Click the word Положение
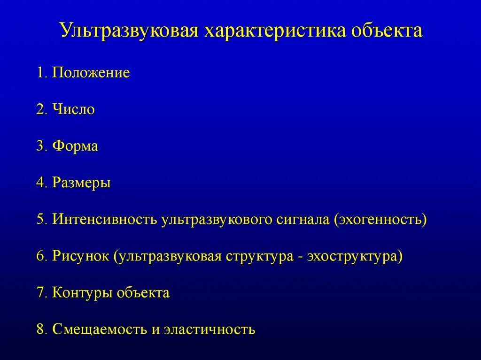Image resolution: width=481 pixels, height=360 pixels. coord(91,73)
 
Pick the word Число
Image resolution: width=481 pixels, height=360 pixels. coord(74,110)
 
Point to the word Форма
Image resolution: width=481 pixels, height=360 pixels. coord(75,146)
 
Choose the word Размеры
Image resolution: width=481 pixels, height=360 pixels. coord(81,183)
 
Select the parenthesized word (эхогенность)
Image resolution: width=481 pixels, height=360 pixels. coord(380,219)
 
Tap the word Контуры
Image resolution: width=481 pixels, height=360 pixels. coord(82,293)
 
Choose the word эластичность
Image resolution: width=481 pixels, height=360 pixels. coord(209,329)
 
